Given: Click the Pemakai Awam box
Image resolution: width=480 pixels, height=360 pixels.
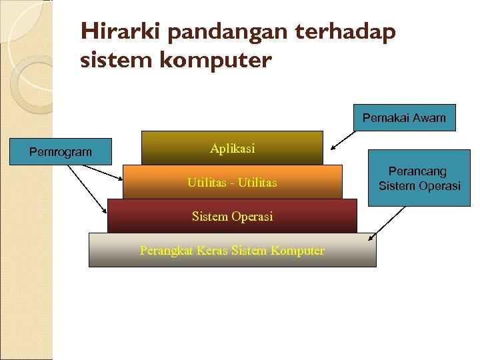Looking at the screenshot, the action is tap(404, 118).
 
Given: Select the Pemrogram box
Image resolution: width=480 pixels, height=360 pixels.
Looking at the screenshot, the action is tap(61, 152).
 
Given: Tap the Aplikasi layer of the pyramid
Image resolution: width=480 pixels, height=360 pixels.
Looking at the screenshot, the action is tap(232, 148).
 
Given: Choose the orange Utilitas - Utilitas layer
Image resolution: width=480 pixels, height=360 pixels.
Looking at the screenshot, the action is tap(232, 182).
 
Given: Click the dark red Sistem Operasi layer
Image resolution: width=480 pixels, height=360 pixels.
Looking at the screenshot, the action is tap(232, 216).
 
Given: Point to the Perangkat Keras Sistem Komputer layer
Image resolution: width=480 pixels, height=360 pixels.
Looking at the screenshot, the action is tap(232, 250).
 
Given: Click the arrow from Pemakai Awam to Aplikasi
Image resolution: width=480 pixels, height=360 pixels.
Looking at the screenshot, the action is tap(347, 139).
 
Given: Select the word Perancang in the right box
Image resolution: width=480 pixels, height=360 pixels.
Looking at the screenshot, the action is tap(417, 172).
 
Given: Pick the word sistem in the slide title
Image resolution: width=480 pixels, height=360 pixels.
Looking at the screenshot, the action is tap(109, 61).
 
